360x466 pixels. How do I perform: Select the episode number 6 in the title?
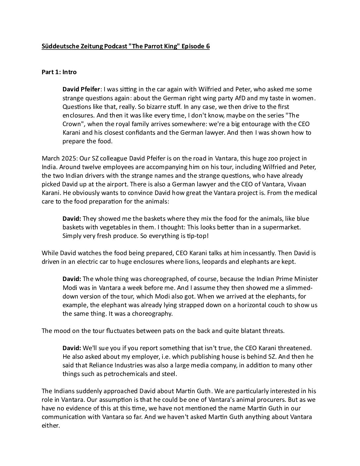click(x=208, y=46)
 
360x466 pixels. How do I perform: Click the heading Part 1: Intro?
click(x=59, y=72)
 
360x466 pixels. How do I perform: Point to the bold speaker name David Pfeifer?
click(x=82, y=89)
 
